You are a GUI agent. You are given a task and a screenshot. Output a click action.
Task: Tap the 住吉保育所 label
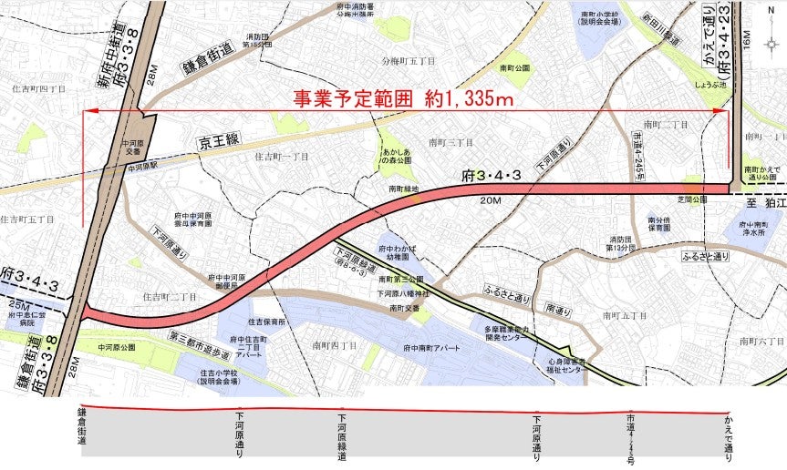coord(267,322)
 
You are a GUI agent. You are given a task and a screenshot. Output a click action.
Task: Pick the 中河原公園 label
coord(117,347)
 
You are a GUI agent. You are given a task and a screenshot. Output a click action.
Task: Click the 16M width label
coord(746,40)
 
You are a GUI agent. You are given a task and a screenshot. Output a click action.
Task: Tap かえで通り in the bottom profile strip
coord(728,434)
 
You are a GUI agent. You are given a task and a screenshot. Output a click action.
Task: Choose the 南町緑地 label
coord(403,189)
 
